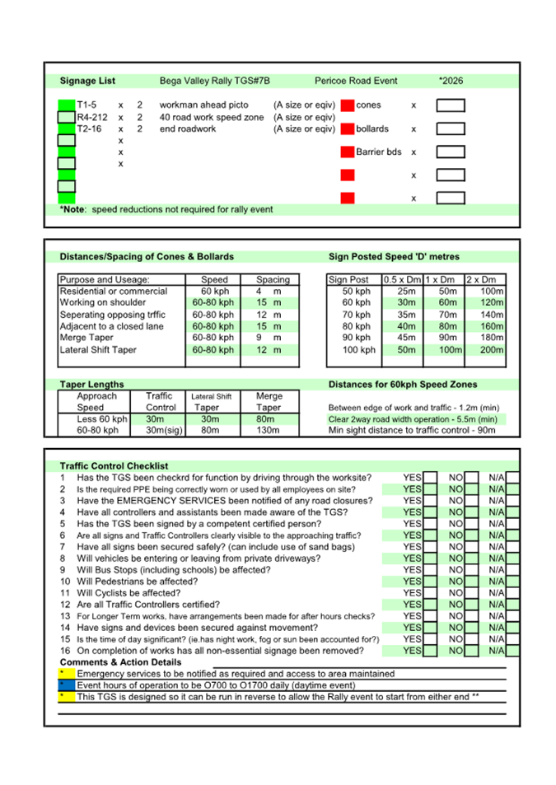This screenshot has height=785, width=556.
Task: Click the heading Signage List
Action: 87,81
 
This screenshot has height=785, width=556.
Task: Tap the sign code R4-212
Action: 91,117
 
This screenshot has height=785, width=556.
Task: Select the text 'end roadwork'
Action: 187,128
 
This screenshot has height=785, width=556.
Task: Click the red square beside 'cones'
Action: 348,105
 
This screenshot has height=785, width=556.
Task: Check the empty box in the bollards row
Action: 450,129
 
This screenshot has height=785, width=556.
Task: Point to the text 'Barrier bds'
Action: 379,152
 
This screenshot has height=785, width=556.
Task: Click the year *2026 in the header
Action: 451,81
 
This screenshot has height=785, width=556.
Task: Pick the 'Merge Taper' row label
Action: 86,338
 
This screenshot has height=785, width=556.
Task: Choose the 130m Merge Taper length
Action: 269,430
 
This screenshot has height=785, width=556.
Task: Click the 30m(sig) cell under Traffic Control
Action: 161,430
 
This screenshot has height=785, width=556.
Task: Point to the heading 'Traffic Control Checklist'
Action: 114,466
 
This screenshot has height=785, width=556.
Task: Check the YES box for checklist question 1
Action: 429,478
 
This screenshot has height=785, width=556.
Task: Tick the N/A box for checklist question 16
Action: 512,651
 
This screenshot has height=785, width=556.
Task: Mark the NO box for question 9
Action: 471,570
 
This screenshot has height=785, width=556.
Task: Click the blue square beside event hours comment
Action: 66,685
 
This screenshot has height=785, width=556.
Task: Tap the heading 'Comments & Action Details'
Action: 121,662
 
